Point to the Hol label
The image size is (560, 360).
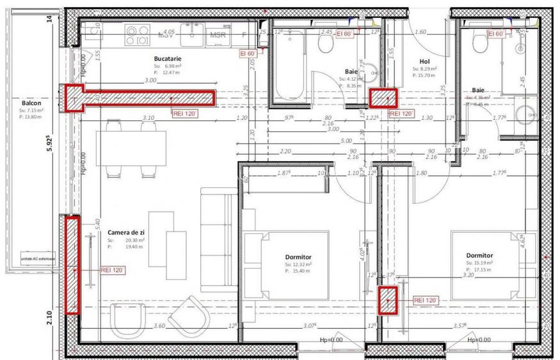(424, 62)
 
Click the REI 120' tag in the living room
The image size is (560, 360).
(113, 270)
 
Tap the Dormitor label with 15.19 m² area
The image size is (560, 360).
(483, 255)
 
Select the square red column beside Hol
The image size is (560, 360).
(384, 97)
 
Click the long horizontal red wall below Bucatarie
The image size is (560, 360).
(141, 97)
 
